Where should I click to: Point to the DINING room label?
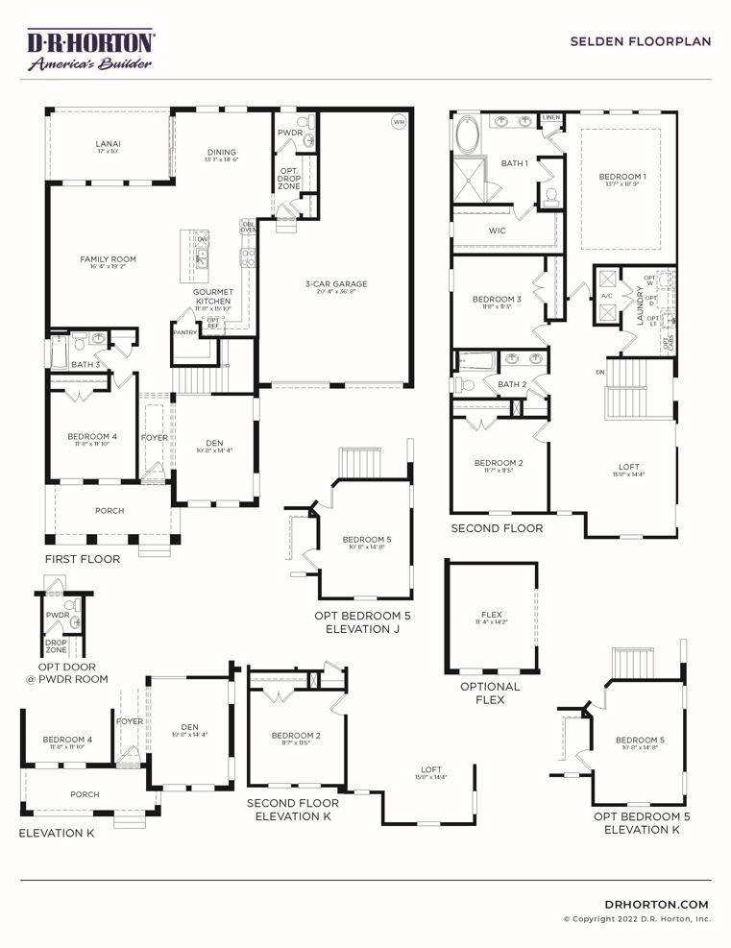pyautogui.click(x=221, y=153)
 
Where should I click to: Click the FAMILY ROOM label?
pyautogui.click(x=108, y=259)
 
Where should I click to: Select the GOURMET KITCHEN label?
pyautogui.click(x=212, y=296)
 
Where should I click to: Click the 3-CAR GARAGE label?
pyautogui.click(x=336, y=284)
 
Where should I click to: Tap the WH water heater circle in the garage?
pyautogui.click(x=398, y=122)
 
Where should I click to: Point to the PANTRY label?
pyautogui.click(x=185, y=332)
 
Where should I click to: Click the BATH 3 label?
pyautogui.click(x=85, y=365)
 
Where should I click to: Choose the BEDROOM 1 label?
pyautogui.click(x=622, y=177)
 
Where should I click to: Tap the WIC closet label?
pyautogui.click(x=497, y=231)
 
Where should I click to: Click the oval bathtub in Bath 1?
pyautogui.click(x=468, y=134)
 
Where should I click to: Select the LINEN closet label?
pyautogui.click(x=550, y=118)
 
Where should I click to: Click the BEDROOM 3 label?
pyautogui.click(x=497, y=300)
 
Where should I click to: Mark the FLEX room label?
pyautogui.click(x=491, y=615)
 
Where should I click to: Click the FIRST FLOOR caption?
pyautogui.click(x=83, y=559)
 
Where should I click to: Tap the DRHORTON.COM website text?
pyautogui.click(x=657, y=904)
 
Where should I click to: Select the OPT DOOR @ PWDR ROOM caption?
pyautogui.click(x=65, y=672)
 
